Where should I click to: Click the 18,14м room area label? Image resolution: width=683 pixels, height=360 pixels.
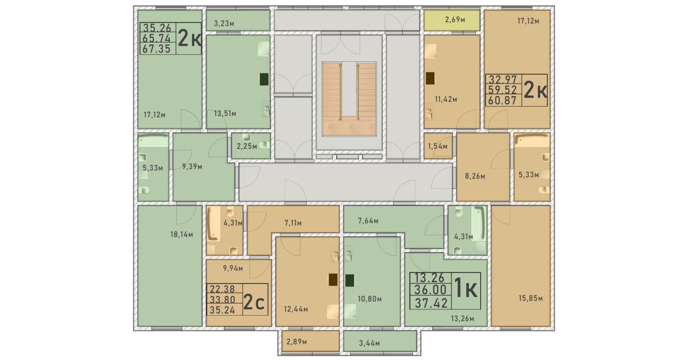click(x=181, y=235)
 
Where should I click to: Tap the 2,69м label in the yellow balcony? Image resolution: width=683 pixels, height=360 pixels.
click(x=455, y=20)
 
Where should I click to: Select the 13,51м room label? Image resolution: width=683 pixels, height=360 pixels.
click(x=225, y=114)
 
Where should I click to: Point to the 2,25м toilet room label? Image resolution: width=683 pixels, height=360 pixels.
click(x=247, y=146)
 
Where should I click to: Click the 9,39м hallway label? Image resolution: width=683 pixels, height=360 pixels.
click(x=192, y=167)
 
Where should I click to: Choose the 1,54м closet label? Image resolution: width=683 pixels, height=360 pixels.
click(x=438, y=146)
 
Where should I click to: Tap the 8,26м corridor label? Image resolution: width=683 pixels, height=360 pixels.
click(x=475, y=176)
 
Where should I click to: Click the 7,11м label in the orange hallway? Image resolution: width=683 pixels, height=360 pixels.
click(x=293, y=223)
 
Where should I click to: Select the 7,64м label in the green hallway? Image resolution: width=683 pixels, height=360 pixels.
click(x=368, y=221)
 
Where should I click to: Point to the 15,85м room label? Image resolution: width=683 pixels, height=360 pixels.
click(x=530, y=298)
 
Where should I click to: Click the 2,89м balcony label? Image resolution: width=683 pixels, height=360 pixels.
click(x=296, y=342)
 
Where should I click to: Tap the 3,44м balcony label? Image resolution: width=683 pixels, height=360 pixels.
click(x=369, y=343)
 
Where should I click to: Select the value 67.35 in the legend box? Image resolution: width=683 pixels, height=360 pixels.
click(x=156, y=49)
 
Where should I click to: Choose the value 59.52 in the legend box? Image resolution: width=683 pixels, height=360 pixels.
click(x=503, y=90)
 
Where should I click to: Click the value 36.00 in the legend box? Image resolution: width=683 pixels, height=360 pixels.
click(x=430, y=290)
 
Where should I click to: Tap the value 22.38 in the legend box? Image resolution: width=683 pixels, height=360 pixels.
click(x=223, y=289)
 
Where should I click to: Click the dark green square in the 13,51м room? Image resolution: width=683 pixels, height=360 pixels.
click(x=264, y=79)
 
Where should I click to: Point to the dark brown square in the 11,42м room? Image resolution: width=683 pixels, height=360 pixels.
click(x=430, y=78)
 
